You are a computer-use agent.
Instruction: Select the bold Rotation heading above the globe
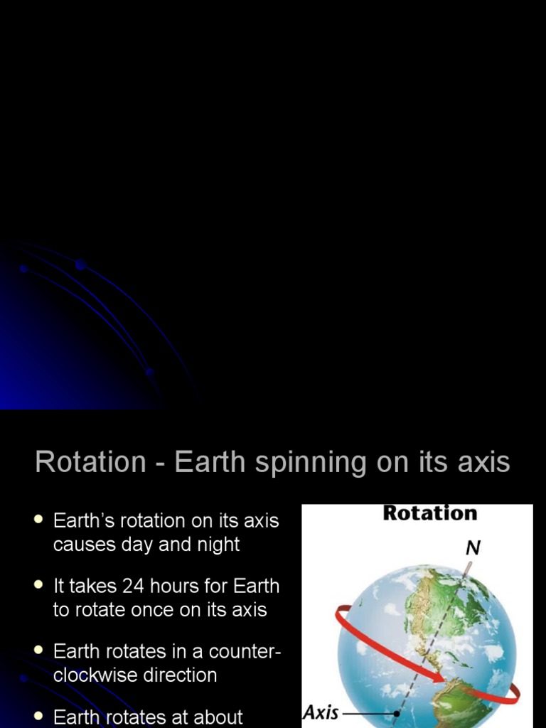click(429, 513)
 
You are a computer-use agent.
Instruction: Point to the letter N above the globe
click(472, 548)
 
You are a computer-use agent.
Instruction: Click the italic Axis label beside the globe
click(321, 712)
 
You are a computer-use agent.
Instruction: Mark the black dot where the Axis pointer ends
click(397, 713)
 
